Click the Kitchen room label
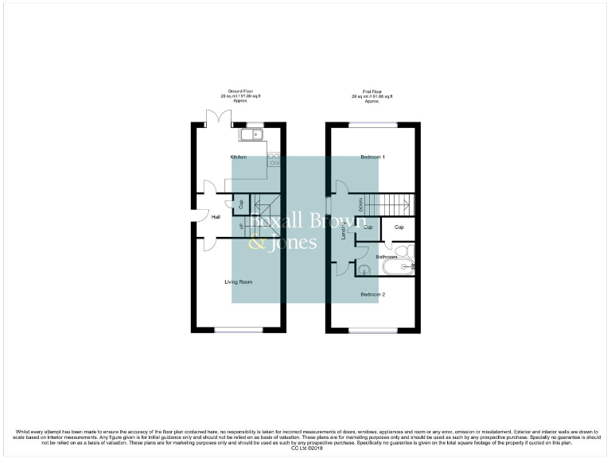pos(239,157)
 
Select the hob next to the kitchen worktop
pos(274,159)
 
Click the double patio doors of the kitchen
pos(216,119)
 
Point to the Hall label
pos(216,216)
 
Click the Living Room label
pos(238,281)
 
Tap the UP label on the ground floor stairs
pos(241,228)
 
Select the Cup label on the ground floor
pos(240,204)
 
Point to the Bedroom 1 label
pos(372,157)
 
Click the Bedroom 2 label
pos(372,294)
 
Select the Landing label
pos(344,231)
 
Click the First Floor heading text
pos(372,92)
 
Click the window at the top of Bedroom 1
pos(373,124)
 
